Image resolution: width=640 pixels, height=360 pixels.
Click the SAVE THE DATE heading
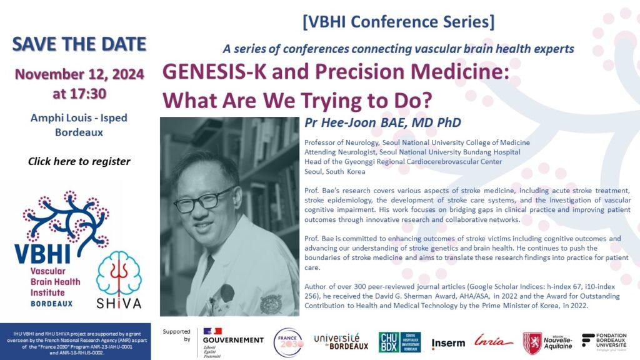[79, 44]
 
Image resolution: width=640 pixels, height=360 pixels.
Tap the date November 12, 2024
[79, 74]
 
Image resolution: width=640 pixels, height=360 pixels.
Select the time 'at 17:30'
[79, 94]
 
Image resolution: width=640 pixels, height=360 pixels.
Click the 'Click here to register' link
[79, 161]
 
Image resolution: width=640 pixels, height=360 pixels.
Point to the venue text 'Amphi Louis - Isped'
[79, 119]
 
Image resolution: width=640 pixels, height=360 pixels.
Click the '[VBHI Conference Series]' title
[398, 22]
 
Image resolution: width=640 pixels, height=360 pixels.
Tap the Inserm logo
[447, 343]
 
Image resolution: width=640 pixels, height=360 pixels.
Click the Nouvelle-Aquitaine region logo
[547, 343]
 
